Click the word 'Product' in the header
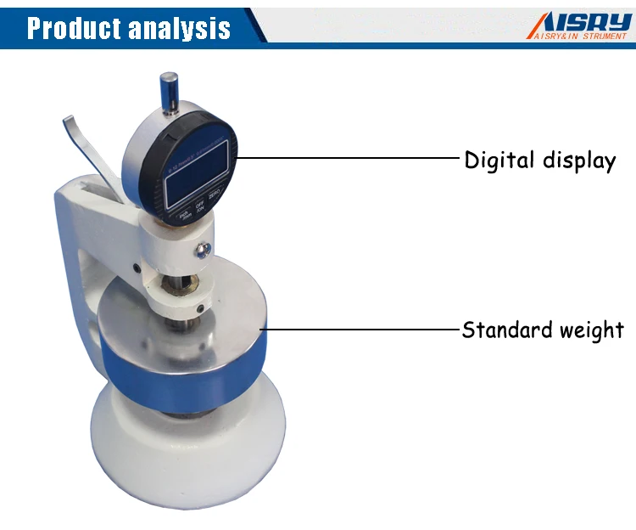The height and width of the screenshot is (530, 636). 74,28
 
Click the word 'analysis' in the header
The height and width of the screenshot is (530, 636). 179,28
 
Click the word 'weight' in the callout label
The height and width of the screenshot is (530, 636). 591,330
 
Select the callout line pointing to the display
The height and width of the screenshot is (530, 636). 348,158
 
